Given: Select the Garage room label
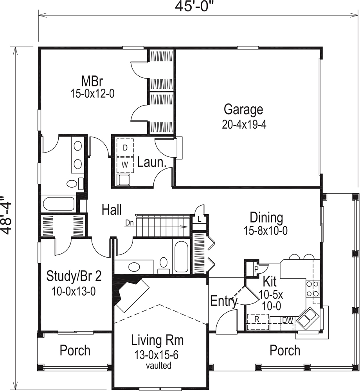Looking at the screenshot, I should (x=243, y=109).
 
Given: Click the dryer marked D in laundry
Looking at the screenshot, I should (x=125, y=147).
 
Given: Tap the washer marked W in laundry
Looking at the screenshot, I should (x=125, y=165).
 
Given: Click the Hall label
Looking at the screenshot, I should (x=112, y=210).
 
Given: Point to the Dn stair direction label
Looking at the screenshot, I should (x=130, y=223).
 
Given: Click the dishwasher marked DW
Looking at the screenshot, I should (x=288, y=319).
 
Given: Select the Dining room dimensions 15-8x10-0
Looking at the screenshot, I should (x=266, y=231).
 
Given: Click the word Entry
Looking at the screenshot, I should (x=224, y=301).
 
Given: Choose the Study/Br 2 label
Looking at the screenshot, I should (x=74, y=276).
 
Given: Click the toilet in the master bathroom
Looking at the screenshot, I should (x=72, y=184).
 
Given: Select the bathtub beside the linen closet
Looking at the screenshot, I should (x=181, y=256).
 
